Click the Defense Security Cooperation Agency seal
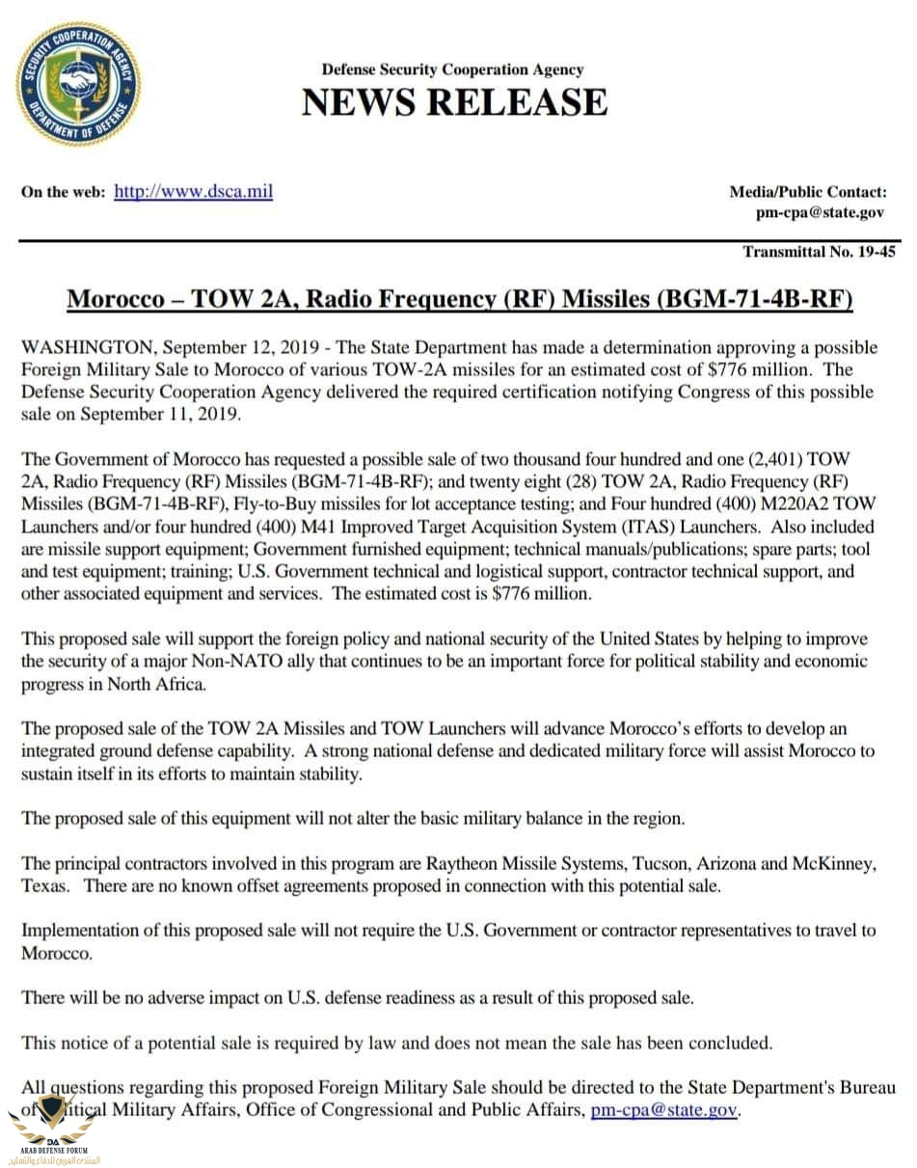point(77,84)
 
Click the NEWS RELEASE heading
point(454,102)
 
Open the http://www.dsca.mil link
point(193,191)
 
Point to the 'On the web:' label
point(63,192)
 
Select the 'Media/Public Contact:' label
point(807,192)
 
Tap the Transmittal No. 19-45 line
point(819,252)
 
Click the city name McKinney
point(832,863)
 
